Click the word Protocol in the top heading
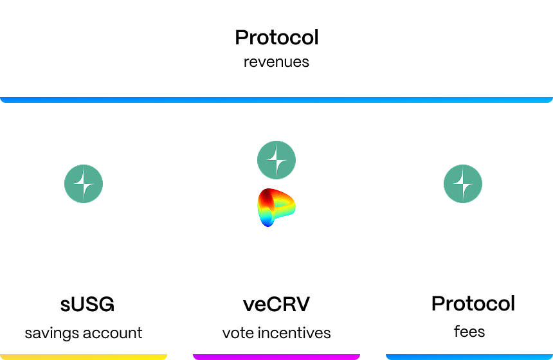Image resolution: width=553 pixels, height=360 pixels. coord(276,37)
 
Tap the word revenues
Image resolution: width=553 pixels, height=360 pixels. coord(276,62)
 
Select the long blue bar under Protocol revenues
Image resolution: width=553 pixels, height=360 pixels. coord(276,100)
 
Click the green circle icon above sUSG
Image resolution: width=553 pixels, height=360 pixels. coord(84,184)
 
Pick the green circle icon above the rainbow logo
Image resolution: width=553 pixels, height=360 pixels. coord(276,160)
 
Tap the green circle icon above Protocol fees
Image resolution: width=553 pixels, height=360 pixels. coord(463,184)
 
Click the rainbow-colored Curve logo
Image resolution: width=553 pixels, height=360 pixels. coord(276,208)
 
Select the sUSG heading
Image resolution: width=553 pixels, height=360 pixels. coord(87,304)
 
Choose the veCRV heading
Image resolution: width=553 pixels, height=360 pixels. coord(276,304)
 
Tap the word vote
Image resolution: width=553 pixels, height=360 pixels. coord(238,333)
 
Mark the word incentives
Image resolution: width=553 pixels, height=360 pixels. coord(294,333)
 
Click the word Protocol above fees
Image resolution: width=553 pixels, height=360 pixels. coord(473,303)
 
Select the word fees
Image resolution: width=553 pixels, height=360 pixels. coord(469,332)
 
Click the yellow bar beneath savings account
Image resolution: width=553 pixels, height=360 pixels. coord(84,357)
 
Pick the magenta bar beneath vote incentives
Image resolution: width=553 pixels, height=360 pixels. coord(276,357)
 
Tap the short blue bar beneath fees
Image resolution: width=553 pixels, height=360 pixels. coord(469,357)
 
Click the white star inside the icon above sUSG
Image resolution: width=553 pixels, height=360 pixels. coord(84,184)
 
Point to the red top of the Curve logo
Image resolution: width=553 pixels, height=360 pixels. coord(271,195)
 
